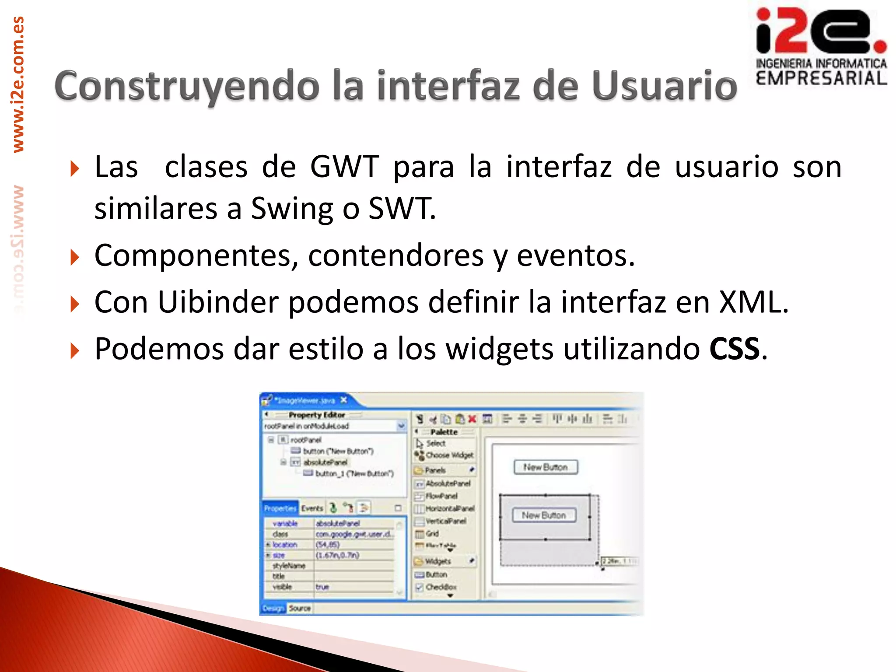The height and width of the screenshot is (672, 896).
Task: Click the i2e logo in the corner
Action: coord(821,46)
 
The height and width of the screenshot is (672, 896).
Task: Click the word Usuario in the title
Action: coord(664,86)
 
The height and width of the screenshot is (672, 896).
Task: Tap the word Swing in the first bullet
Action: coord(291,209)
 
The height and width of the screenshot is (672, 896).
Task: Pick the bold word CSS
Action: coord(734,349)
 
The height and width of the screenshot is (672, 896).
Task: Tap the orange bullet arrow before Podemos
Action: coord(75,351)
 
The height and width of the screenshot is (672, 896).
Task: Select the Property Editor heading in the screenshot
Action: coord(316,415)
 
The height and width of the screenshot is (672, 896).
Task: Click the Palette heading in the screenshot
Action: coord(444,432)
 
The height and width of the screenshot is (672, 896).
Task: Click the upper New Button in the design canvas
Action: coord(545,467)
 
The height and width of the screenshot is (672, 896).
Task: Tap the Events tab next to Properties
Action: coord(311,508)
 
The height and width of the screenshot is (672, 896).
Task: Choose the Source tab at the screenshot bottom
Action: coord(299,609)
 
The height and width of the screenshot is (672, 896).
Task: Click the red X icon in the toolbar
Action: coord(472,419)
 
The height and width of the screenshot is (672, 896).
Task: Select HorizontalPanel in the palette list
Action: coord(449,508)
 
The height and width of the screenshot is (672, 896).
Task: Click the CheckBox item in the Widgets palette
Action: coord(441,587)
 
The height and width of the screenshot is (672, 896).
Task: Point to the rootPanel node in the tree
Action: coord(305,440)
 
